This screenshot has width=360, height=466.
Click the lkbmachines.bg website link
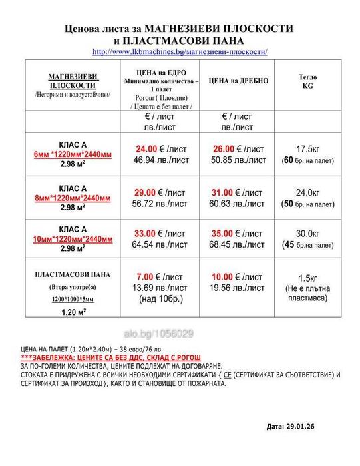(180, 51)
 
